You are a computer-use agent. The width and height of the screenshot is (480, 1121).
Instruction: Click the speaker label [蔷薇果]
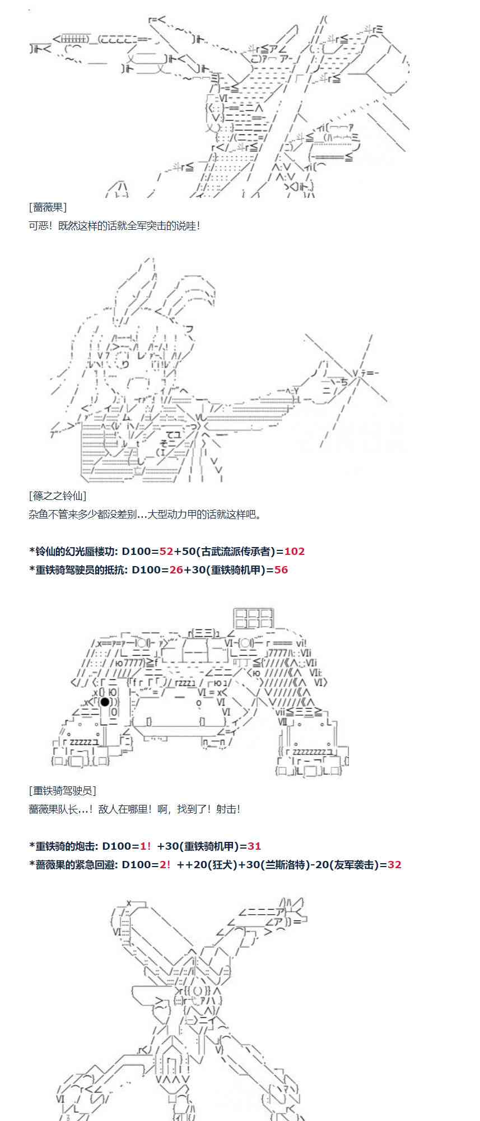click(48, 207)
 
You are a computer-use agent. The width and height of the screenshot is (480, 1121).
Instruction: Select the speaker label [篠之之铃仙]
click(57, 495)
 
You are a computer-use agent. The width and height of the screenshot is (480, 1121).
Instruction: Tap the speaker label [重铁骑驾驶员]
click(62, 790)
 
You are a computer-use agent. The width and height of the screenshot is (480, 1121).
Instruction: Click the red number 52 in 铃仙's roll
click(166, 551)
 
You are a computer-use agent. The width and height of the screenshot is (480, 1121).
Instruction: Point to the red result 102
click(294, 551)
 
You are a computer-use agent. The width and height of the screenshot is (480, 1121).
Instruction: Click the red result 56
click(281, 569)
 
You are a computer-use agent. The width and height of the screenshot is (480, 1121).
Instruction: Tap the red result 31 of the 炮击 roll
click(254, 846)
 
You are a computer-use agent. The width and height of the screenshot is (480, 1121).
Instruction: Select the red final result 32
click(394, 864)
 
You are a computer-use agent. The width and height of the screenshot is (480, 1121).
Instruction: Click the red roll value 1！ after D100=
click(146, 846)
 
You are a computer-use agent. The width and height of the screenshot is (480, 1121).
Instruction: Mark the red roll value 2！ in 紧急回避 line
click(165, 864)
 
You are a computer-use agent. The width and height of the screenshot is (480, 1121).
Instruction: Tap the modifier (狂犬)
click(219, 864)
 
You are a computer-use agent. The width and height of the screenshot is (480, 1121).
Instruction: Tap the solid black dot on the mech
click(105, 702)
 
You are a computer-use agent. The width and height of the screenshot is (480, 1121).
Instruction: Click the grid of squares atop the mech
click(254, 618)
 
